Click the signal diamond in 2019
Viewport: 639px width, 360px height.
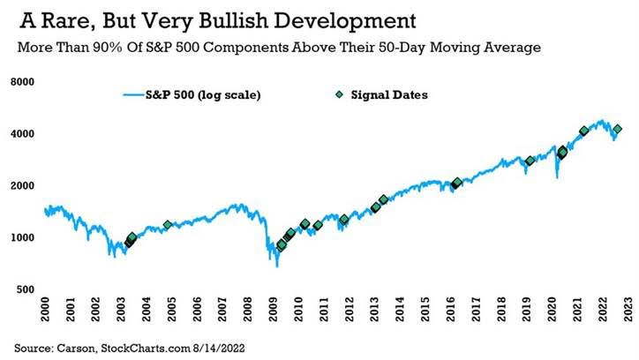530,161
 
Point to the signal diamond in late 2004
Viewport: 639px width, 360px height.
168,226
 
